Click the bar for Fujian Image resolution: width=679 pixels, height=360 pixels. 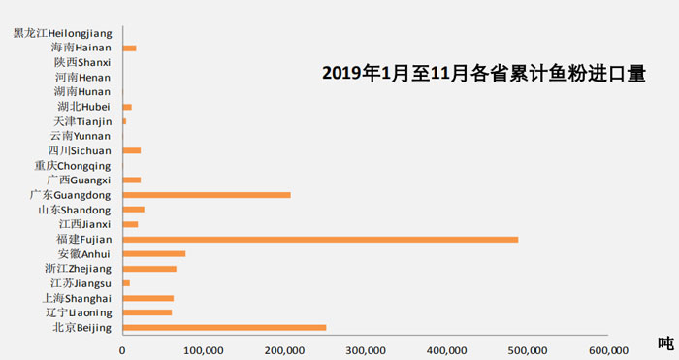320,239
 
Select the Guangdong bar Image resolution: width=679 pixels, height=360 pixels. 207,195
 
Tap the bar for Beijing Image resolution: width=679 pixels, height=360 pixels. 224,327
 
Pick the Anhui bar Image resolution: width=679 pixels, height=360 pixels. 153,253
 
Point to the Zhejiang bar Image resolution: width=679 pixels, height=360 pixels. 149,269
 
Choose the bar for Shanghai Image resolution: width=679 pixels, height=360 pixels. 147,298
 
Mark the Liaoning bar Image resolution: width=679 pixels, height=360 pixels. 146,312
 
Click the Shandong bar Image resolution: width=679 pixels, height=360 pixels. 133,210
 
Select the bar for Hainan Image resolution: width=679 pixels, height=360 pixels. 129,48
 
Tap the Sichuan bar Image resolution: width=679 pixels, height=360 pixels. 131,150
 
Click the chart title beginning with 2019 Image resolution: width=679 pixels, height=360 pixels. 483,74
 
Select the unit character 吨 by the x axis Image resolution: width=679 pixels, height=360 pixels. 664,342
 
